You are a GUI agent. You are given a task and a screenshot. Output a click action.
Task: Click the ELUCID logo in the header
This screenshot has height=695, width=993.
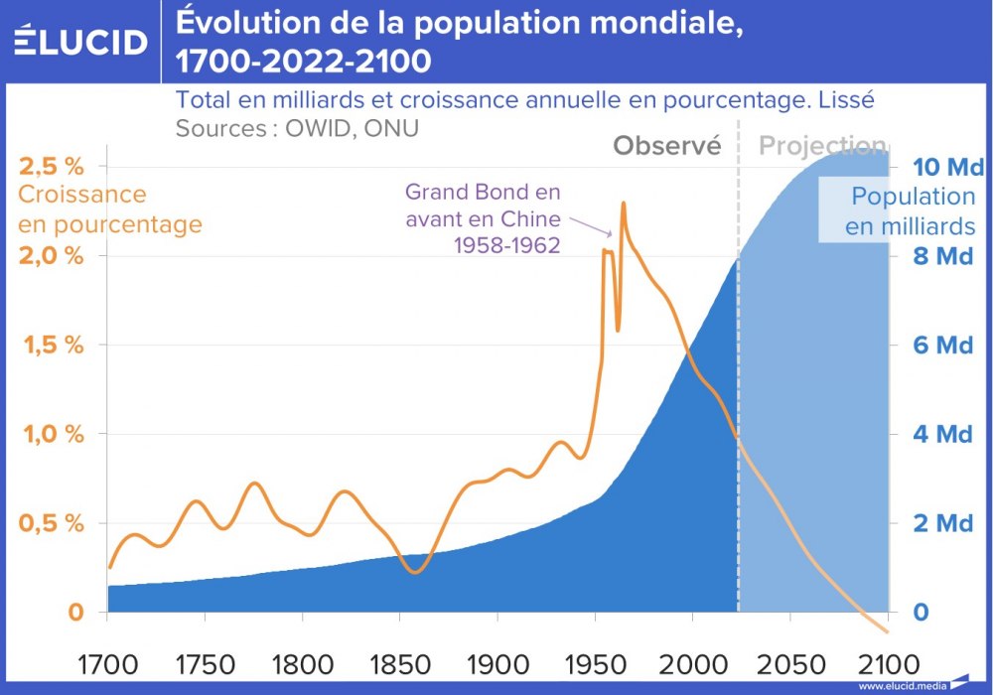point(80,42)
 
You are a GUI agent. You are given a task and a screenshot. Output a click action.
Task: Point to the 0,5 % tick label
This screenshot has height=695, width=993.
point(51,523)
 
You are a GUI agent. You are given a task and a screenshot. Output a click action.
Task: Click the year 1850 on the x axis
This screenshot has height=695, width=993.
point(399,662)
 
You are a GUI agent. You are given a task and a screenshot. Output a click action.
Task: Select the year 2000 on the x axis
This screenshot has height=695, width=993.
point(691,662)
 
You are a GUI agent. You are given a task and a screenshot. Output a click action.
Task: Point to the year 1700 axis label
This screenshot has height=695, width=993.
point(106,662)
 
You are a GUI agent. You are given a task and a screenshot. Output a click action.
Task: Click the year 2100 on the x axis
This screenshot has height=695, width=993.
point(886,662)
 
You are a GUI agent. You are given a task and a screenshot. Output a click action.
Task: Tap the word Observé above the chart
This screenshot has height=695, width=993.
point(666,146)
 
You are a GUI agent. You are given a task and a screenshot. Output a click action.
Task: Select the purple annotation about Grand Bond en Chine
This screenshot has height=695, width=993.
point(483,218)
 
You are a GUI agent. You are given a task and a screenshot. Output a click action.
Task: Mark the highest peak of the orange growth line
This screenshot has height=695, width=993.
point(624,204)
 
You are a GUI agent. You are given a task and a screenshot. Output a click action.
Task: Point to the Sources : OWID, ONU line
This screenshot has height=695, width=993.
point(297,128)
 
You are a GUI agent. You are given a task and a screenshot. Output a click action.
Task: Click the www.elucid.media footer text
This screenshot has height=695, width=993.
point(900,685)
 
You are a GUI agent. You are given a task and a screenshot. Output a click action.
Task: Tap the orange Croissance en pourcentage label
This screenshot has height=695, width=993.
point(109,209)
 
